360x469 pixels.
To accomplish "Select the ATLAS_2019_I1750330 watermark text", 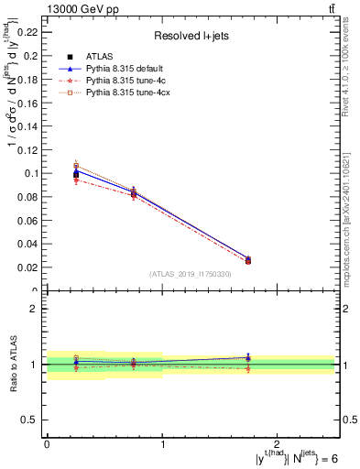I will coord(190,273).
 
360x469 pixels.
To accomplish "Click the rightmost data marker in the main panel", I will coord(248,260).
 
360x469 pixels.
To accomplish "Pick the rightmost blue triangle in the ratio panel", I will coord(248,357).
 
